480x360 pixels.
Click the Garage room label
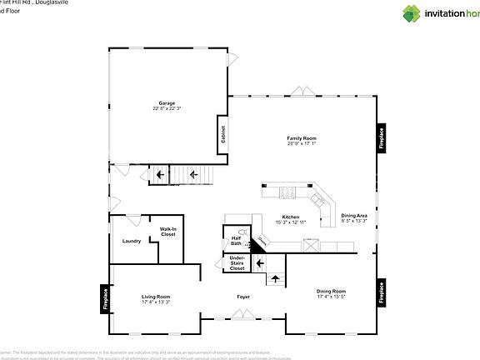[167, 102]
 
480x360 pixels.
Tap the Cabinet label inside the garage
[223, 134]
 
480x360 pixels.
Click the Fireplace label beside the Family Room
[382, 137]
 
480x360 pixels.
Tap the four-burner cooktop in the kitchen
[287, 192]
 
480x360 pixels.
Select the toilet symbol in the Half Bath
[242, 234]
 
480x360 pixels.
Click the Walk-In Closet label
[168, 232]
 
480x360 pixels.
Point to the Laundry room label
[132, 241]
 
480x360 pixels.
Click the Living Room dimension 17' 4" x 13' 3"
[156, 302]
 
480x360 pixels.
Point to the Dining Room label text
[331, 292]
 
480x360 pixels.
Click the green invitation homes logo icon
[412, 13]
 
